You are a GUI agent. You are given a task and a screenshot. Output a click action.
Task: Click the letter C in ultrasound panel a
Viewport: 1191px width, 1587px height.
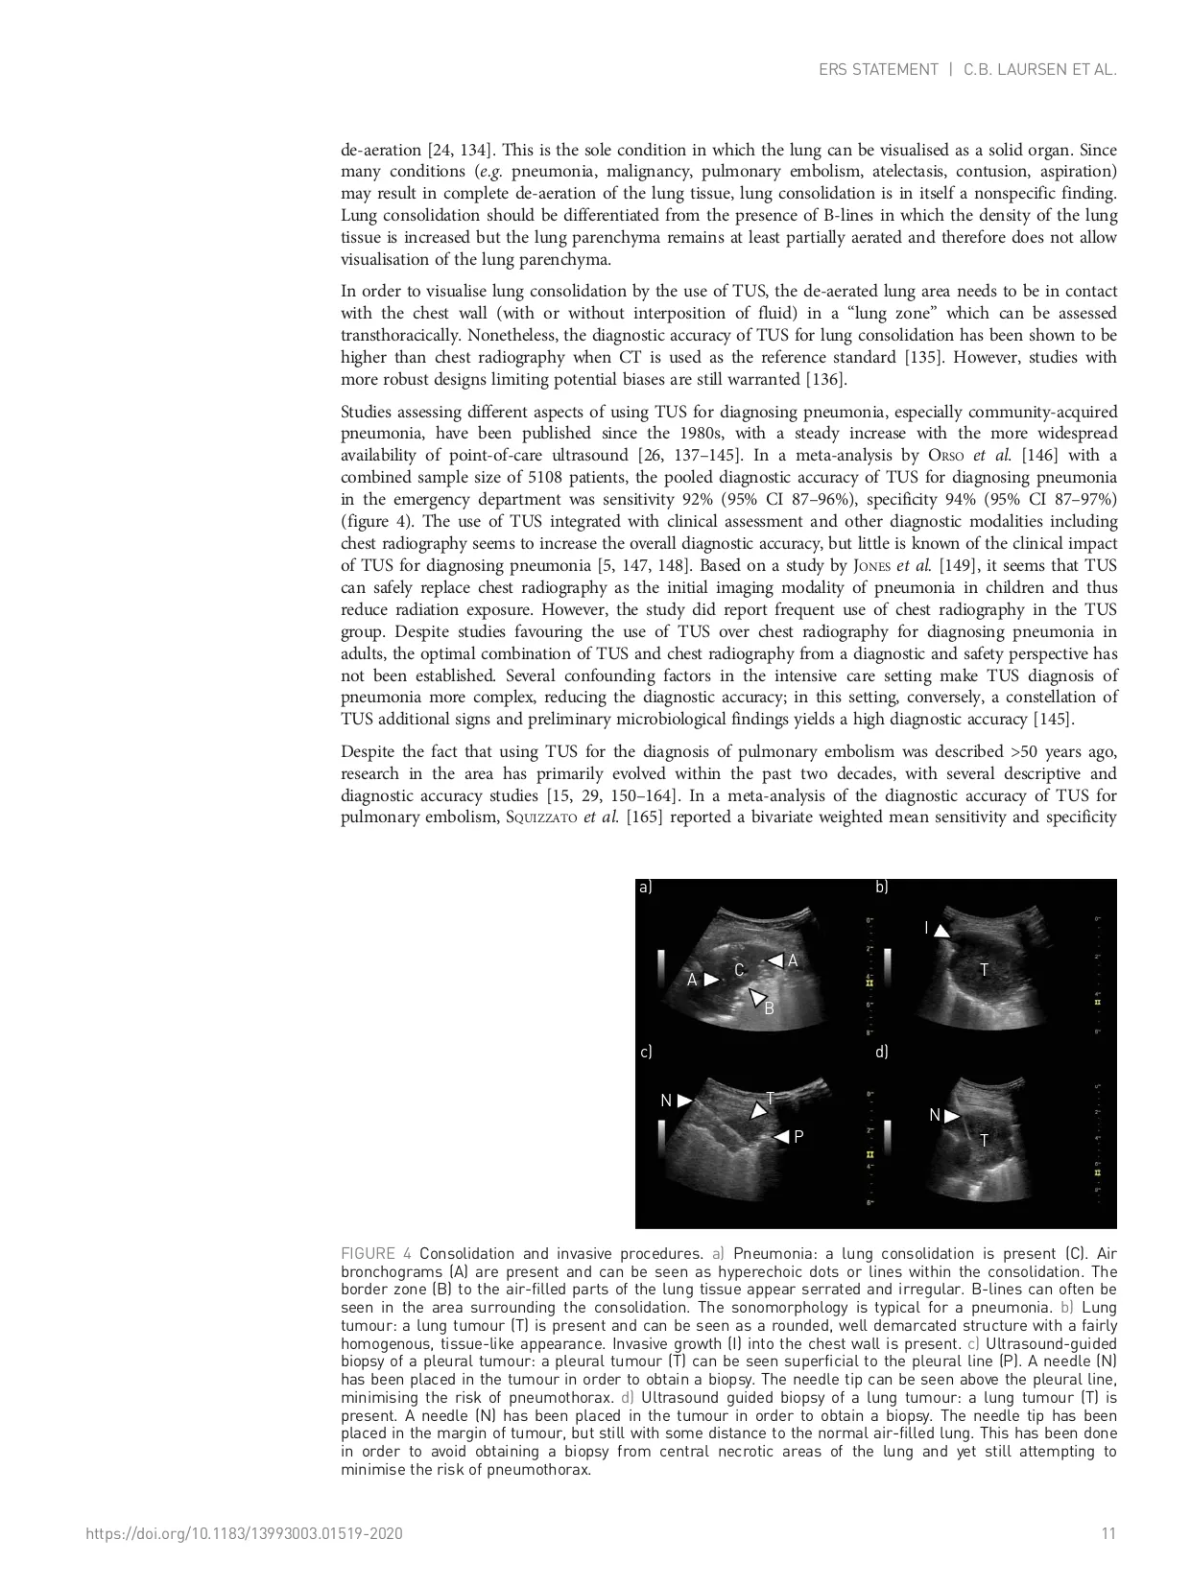(739, 970)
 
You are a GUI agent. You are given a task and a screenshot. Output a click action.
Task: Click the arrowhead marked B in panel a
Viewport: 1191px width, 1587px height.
(757, 997)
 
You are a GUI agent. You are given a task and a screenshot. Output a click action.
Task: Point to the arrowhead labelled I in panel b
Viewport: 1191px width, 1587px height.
(942, 931)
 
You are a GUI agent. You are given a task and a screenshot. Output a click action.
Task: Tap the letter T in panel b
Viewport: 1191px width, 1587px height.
(984, 970)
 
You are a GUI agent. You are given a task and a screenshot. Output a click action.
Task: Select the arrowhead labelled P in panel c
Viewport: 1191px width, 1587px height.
(781, 1137)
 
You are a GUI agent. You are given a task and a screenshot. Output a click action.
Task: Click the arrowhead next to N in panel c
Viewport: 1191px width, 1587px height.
(684, 1101)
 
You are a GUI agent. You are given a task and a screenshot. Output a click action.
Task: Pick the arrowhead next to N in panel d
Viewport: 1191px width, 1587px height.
(951, 1115)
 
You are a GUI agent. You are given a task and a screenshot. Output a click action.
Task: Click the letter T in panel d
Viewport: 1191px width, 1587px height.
(984, 1140)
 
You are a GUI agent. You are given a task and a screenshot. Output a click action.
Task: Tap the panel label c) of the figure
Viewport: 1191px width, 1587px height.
(646, 1053)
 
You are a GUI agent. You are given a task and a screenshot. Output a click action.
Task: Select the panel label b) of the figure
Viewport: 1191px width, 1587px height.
(881, 888)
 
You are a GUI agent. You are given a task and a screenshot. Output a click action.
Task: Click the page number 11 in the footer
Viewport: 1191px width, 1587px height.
(1108, 1533)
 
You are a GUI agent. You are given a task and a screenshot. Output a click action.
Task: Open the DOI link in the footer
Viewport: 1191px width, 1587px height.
(244, 1533)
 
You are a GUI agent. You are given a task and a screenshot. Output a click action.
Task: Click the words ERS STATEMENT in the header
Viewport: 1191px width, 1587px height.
(878, 70)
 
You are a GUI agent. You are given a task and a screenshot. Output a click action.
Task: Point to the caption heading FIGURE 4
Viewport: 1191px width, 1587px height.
(376, 1254)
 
